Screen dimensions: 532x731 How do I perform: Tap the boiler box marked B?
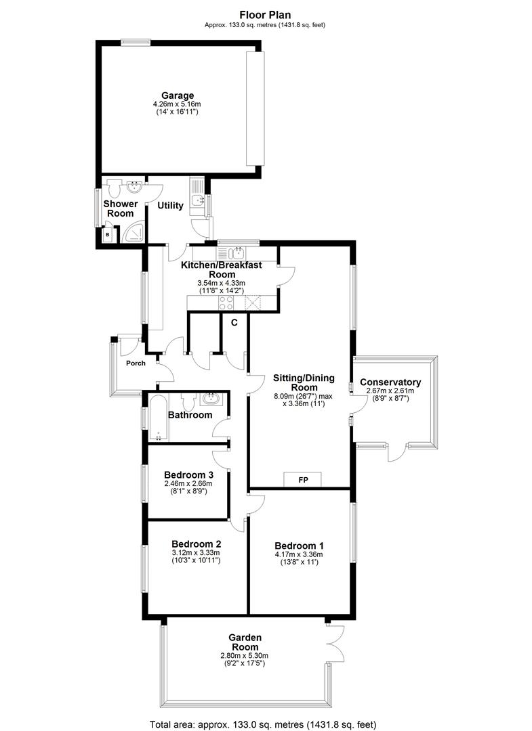coord(108,235)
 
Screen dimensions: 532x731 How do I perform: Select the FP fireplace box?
coord(303,479)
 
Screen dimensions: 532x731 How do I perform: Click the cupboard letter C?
coord(234,322)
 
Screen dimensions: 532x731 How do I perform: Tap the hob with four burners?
coord(226,303)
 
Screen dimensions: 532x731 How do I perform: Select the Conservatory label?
coord(390,382)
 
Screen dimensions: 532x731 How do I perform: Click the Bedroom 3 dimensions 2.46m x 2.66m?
coord(188,483)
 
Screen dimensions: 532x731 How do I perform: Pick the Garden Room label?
coord(245,642)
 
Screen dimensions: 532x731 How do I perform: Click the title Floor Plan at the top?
coord(265,15)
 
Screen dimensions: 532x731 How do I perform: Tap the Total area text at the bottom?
coord(263,724)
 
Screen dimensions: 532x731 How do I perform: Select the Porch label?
coord(136,363)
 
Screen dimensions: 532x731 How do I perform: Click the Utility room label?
coord(170,205)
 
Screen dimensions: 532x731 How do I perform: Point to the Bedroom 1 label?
coord(299,546)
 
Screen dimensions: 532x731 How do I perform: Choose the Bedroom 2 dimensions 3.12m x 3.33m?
coord(196,552)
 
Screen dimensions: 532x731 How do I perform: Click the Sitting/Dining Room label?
coord(304,382)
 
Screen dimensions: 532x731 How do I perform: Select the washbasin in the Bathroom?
coord(212,399)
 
